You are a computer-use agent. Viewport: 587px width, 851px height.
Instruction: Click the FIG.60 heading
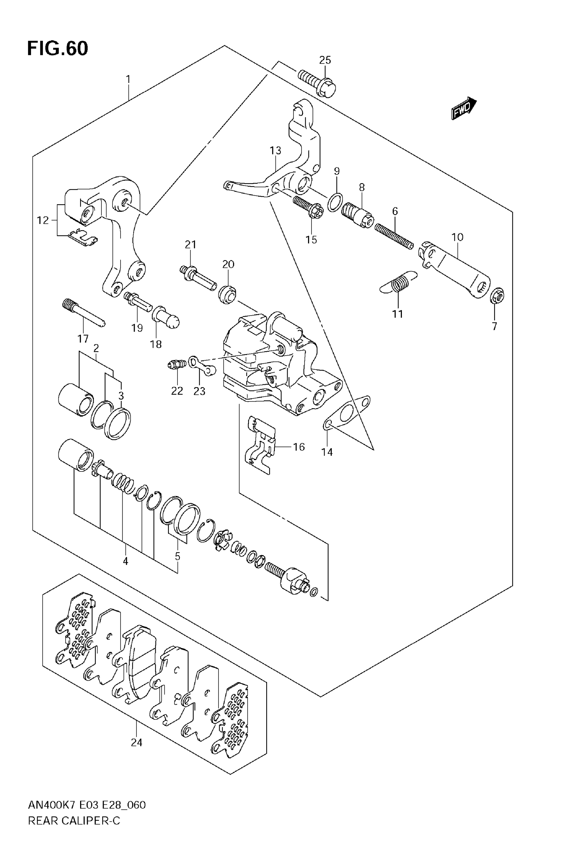58,49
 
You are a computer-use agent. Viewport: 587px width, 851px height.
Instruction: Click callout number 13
275,151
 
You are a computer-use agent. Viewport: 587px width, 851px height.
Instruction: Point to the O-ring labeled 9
335,203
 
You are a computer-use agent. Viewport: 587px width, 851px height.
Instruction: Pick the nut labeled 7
497,295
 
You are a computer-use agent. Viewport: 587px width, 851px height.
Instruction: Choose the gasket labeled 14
346,414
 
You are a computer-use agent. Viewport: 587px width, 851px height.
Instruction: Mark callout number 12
43,220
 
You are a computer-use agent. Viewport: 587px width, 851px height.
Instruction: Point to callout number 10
457,237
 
